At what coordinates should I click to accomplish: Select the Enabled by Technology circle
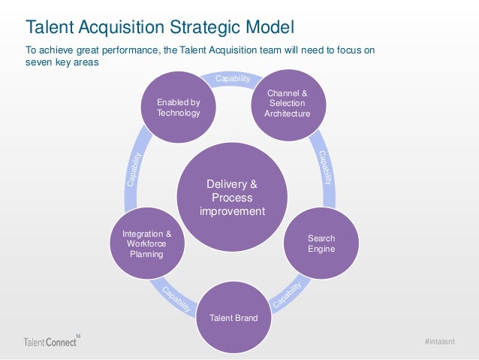tap(178, 107)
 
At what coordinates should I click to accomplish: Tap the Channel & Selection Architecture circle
tap(287, 103)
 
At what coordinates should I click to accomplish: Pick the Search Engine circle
tap(321, 243)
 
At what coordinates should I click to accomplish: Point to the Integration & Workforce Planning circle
tap(146, 244)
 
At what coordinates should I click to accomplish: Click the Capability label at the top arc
tap(233, 79)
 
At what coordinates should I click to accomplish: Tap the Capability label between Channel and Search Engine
tap(325, 168)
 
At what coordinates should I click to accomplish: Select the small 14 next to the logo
tap(78, 334)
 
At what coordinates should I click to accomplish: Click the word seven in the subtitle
tap(38, 62)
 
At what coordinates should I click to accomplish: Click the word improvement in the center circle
tap(232, 211)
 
